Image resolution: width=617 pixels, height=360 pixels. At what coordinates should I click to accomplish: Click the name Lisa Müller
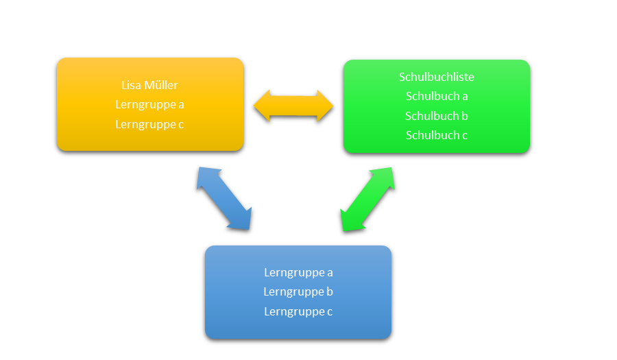[149, 85]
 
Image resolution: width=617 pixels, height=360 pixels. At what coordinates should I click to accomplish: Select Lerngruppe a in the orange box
[149, 105]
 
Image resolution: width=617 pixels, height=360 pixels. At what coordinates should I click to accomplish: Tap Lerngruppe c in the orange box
[149, 124]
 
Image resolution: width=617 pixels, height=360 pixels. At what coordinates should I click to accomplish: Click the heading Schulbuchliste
[437, 77]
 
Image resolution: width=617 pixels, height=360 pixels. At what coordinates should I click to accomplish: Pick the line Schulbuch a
[437, 96]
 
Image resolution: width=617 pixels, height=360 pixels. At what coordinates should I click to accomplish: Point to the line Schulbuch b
[437, 116]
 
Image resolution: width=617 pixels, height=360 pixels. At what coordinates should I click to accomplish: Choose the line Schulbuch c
[437, 135]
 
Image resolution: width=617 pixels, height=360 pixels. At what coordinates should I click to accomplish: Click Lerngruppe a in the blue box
[298, 272]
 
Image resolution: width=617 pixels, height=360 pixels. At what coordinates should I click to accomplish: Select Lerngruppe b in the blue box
[298, 291]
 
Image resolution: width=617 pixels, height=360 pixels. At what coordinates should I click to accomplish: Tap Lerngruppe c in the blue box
[298, 311]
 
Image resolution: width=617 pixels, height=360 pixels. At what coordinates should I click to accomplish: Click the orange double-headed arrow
[293, 106]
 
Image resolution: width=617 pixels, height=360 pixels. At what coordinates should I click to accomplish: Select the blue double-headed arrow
[224, 198]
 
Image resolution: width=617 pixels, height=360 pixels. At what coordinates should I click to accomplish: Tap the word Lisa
[130, 85]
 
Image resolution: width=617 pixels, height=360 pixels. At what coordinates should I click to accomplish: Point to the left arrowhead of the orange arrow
[263, 106]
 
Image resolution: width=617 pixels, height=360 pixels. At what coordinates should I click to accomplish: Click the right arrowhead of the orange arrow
[324, 106]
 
